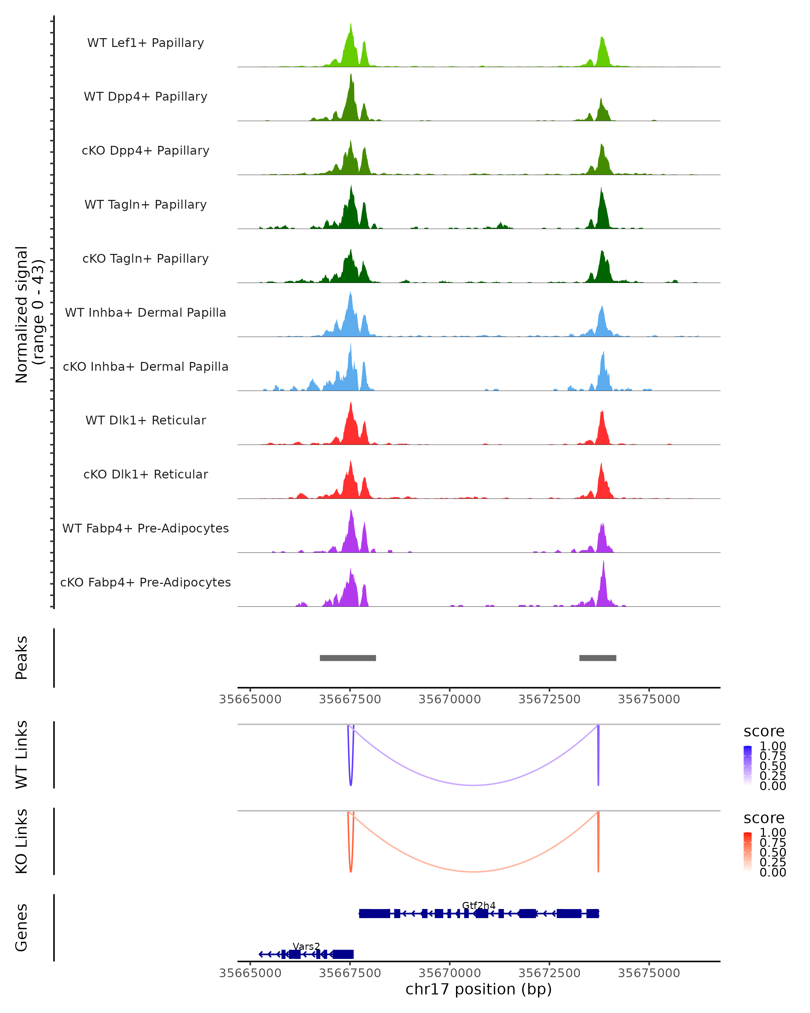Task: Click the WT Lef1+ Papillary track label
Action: click(145, 43)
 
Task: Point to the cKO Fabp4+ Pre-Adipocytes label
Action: click(145, 582)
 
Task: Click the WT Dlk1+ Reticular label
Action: click(145, 420)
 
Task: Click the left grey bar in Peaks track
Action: click(348, 658)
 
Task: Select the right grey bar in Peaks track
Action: click(597, 658)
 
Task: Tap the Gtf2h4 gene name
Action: click(479, 905)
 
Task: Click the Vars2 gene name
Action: click(306, 946)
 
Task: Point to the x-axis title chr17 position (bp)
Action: click(479, 989)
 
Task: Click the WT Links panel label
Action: click(22, 755)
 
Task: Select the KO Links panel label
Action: click(22, 841)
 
